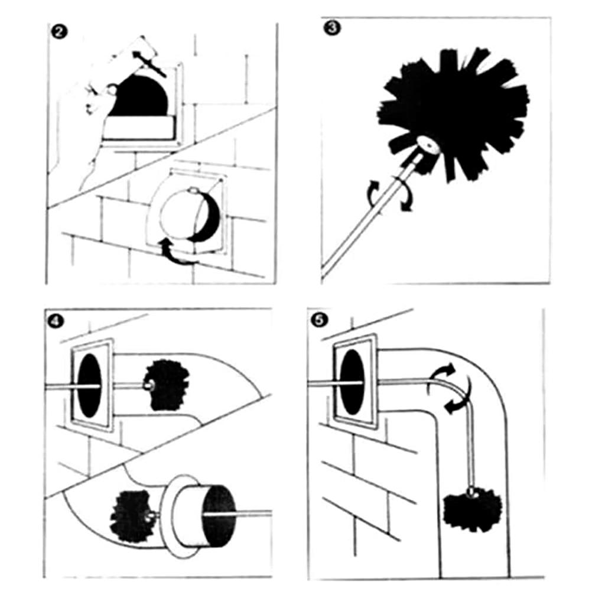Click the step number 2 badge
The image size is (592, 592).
tap(58, 31)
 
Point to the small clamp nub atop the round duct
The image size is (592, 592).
tap(194, 190)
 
